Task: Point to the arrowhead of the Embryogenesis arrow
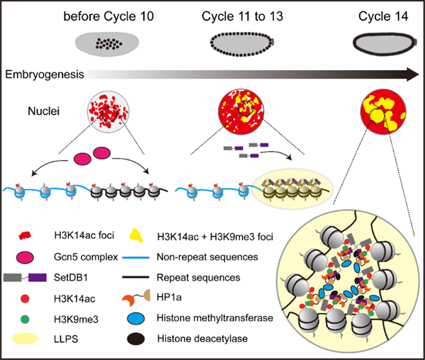point(409,74)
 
